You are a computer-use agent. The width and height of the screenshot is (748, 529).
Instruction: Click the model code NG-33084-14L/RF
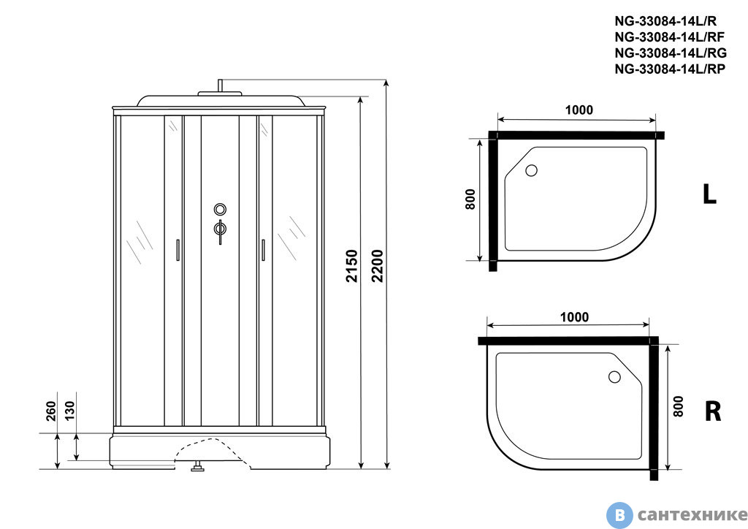click(669, 37)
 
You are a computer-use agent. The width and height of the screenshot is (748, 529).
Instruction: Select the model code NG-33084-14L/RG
click(671, 53)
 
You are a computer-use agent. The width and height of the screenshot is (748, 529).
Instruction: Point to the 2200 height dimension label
click(378, 266)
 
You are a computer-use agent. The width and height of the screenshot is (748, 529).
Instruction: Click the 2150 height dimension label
click(352, 266)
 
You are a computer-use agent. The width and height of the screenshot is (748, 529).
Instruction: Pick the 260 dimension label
click(51, 411)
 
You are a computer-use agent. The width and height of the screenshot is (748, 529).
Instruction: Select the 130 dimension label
click(69, 411)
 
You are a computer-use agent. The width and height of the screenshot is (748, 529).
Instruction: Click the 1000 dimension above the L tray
click(579, 110)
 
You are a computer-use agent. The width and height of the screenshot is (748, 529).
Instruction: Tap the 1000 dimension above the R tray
click(574, 317)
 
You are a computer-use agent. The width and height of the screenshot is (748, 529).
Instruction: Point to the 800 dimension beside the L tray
click(470, 199)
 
